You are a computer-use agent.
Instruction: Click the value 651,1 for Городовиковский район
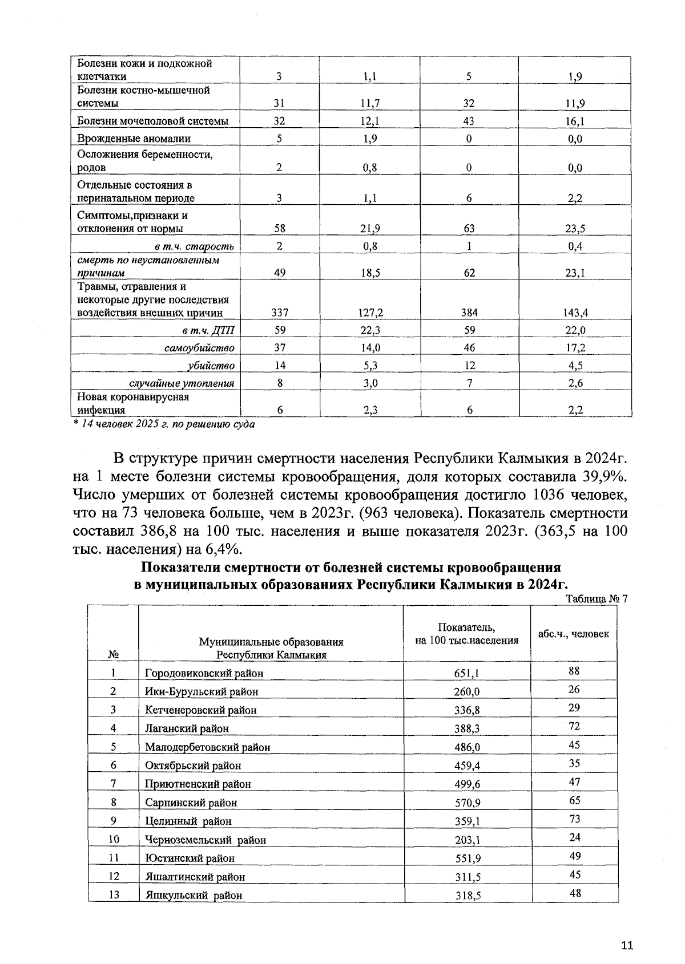[466, 673]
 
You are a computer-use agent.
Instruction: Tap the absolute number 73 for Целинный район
[574, 819]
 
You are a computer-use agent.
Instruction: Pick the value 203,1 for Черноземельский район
[466, 840]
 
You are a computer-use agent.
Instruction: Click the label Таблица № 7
[596, 599]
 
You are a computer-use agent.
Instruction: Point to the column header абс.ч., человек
[574, 634]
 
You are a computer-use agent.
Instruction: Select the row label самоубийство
[200, 348]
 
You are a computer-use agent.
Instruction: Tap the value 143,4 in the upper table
[575, 313]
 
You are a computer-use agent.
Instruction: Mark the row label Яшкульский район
[194, 896]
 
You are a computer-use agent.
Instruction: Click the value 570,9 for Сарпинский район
[466, 803]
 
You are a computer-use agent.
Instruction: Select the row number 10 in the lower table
[114, 839]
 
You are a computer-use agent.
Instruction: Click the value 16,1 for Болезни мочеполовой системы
[575, 121]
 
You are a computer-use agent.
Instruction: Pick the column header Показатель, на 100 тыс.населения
[466, 634]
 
